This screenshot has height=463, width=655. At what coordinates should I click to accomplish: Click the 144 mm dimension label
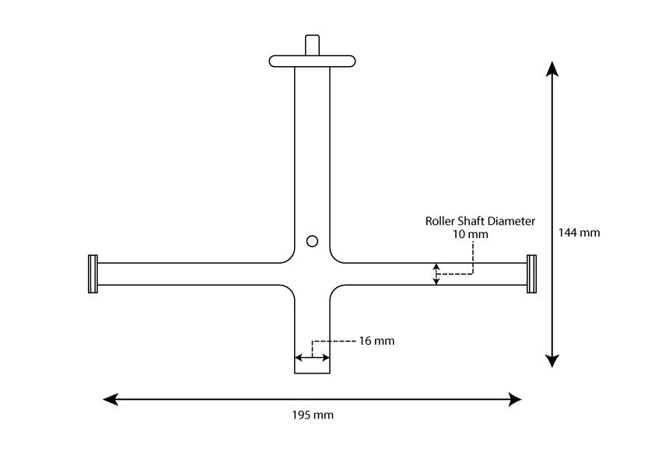tap(580, 232)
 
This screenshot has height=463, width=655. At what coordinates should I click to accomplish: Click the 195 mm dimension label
tap(312, 415)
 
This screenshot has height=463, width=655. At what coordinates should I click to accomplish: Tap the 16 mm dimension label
tap(378, 341)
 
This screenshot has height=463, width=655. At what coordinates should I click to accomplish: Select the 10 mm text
tap(471, 233)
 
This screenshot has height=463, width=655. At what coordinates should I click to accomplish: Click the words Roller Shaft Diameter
tap(480, 221)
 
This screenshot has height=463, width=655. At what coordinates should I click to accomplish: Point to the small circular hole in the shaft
tap(312, 241)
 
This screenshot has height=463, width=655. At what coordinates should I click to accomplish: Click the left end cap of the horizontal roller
tap(93, 274)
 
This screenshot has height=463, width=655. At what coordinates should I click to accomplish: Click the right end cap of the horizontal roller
tap(531, 274)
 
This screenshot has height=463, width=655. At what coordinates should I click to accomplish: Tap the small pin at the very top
tap(312, 44)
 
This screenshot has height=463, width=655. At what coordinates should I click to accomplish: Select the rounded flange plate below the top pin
tap(312, 61)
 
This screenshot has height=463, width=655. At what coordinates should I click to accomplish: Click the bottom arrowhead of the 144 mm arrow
tap(552, 360)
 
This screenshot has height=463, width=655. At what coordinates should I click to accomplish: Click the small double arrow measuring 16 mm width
tap(312, 358)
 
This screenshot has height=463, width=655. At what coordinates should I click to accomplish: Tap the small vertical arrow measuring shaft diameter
tap(436, 274)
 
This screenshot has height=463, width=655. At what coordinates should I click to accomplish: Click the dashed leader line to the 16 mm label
tap(335, 341)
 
